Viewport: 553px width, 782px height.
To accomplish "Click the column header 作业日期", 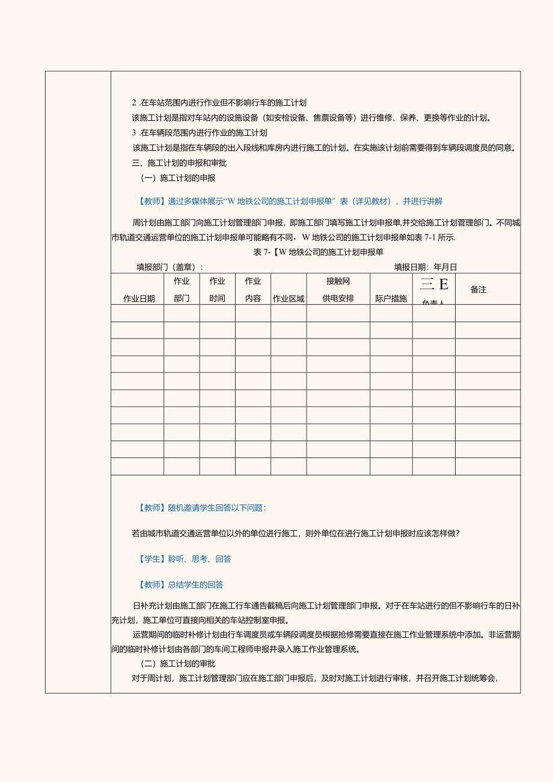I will (139, 299).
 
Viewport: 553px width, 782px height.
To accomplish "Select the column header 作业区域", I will (289, 299).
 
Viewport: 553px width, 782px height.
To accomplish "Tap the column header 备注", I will (478, 290).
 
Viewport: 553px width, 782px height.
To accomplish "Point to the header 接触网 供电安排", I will (338, 289).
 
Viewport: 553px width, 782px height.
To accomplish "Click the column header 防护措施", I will (391, 299).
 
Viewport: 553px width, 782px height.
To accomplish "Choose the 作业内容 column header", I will (253, 289).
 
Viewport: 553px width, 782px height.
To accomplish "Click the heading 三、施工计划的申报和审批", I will (179, 163).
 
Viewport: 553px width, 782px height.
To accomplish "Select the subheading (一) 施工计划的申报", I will (177, 178).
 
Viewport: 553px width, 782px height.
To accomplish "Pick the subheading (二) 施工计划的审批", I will (177, 664).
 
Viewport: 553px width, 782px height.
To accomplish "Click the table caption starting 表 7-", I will (319, 252).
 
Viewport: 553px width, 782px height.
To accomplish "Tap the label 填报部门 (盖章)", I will (170, 267).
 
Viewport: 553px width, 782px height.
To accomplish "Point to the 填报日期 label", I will (426, 267).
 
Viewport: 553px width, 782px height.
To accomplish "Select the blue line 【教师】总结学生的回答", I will (181, 584).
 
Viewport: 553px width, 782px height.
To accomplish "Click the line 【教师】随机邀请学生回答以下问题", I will (202, 508).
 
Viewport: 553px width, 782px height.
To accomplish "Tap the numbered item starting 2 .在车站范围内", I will (219, 103).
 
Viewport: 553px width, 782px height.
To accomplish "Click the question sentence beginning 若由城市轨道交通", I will (296, 533).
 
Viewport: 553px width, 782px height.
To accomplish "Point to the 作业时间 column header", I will (218, 289).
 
